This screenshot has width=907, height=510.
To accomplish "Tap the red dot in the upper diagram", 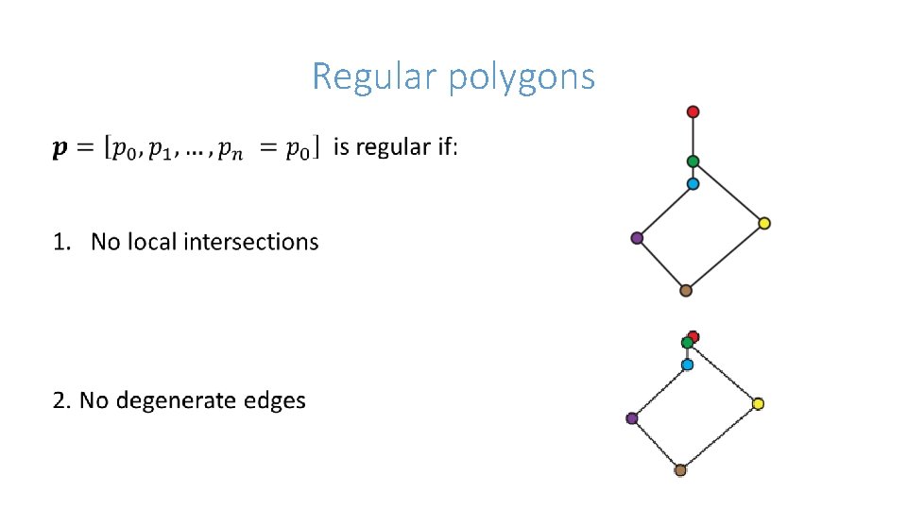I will pos(693,111).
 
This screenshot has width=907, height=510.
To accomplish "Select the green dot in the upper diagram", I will pos(693,161).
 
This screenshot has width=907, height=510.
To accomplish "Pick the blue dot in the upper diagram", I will pos(693,184).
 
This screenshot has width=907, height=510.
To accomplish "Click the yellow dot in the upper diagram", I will pos(764,224).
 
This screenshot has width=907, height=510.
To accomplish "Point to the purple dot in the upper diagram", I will pos(637,238).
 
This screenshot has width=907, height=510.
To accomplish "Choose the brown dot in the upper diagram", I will pos(686,291).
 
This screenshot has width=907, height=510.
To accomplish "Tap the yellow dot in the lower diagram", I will pos(758,404).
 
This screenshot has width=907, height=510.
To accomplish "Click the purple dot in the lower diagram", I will pos(632,418).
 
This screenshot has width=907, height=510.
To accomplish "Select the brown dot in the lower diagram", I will pos(680,469).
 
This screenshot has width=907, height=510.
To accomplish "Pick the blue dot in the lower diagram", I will pos(687,365).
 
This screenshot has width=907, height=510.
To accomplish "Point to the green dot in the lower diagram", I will pos(687,343).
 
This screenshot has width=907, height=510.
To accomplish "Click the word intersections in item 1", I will pos(251,242).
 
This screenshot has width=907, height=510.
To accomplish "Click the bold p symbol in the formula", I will pos(60,149).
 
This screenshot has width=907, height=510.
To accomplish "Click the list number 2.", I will pos(61,400).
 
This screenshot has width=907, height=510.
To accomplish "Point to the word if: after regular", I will pos(446,147).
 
